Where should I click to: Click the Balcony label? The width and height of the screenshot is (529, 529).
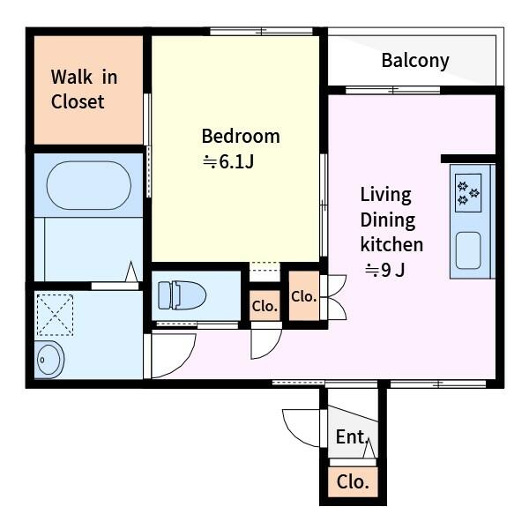click(415, 61)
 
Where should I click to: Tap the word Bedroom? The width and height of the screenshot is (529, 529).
click(241, 137)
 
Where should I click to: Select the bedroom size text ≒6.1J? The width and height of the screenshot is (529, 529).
click(228, 161)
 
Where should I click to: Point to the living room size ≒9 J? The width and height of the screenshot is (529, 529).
click(385, 270)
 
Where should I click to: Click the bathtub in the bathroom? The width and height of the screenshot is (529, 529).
click(89, 185)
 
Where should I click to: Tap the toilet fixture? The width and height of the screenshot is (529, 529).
click(182, 295)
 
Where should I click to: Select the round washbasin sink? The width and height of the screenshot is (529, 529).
click(49, 360)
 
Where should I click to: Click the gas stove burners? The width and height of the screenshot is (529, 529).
click(468, 193)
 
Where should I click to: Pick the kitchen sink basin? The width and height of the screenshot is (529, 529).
click(468, 250)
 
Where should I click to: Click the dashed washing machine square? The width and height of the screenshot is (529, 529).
click(55, 315)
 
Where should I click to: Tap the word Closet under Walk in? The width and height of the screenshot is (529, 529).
click(78, 101)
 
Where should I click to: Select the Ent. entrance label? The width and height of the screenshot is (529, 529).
click(351, 436)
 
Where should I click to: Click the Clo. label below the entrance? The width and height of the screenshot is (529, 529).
click(353, 481)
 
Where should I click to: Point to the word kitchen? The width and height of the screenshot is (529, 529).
click(391, 244)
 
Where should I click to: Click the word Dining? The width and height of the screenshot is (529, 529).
click(388, 220)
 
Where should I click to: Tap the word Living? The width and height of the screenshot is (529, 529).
click(386, 195)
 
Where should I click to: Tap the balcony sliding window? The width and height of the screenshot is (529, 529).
click(393, 90)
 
